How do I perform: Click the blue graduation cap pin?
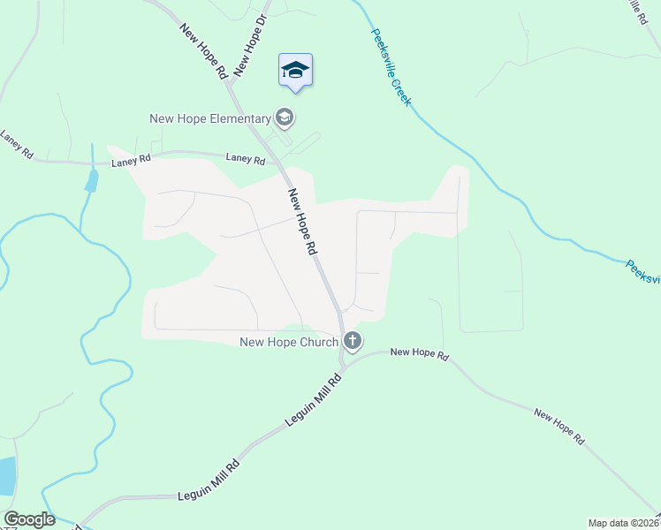[295, 71]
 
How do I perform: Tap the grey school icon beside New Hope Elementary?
[285, 117]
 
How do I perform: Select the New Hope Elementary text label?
[209, 119]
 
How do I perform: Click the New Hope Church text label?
[289, 342]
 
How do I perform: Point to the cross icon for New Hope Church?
[352, 341]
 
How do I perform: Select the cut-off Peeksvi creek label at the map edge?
[642, 272]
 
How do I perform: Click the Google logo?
[29, 519]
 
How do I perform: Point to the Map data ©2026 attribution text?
[624, 523]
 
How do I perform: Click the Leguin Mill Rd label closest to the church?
[312, 400]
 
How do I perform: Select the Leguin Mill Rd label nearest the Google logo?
[208, 477]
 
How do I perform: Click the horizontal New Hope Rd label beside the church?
[420, 353]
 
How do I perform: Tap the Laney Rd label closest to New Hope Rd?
[246, 160]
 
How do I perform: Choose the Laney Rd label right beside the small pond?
[132, 162]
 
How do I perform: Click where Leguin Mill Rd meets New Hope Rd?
[343, 363]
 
